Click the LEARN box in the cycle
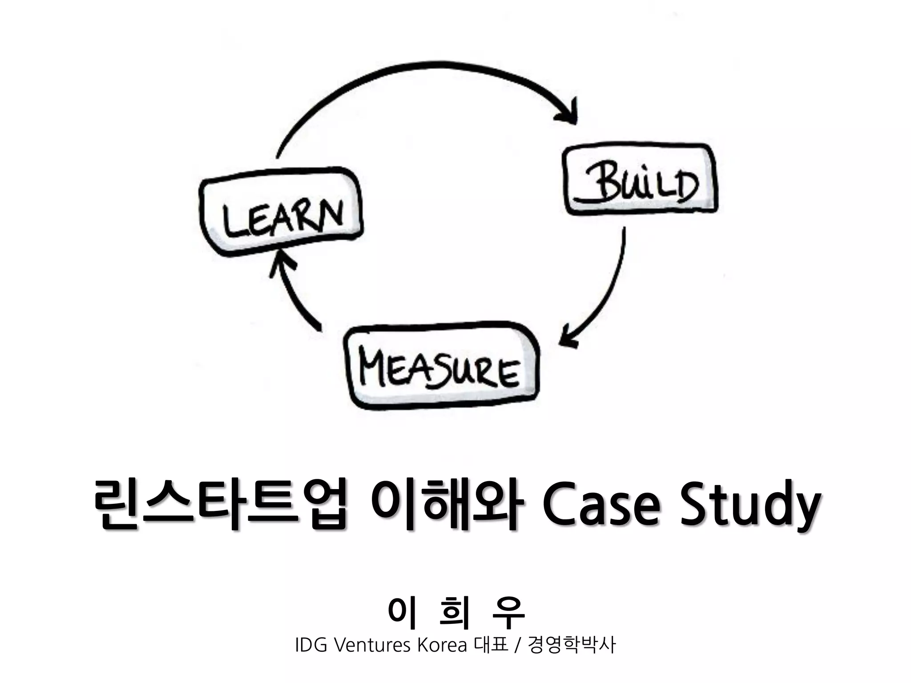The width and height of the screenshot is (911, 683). click(x=281, y=213)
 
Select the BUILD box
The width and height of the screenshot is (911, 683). click(x=641, y=180)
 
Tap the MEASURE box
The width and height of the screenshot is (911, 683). click(x=442, y=367)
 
